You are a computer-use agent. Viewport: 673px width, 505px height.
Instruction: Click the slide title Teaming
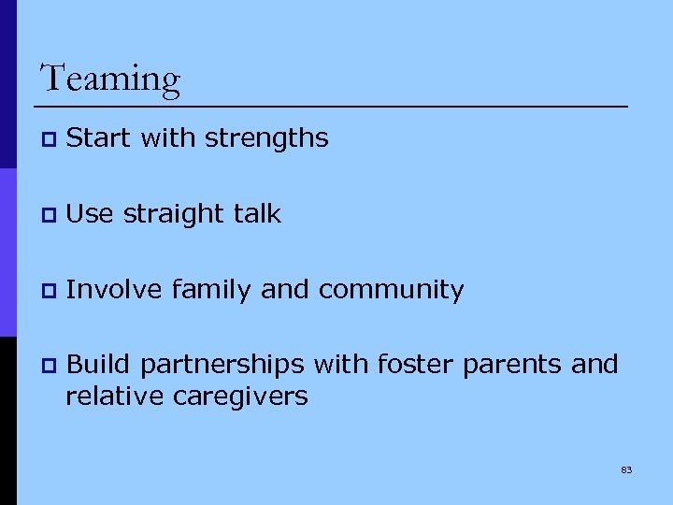tap(110, 79)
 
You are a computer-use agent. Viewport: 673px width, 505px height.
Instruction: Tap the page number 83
tap(626, 469)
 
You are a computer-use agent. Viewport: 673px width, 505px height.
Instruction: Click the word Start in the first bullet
tap(99, 138)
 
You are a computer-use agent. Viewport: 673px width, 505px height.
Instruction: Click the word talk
tap(257, 214)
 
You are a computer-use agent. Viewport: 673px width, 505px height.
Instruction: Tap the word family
tap(212, 290)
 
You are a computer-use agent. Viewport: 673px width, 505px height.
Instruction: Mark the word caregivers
tap(240, 397)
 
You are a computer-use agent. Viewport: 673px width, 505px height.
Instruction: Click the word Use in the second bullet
tap(89, 214)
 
